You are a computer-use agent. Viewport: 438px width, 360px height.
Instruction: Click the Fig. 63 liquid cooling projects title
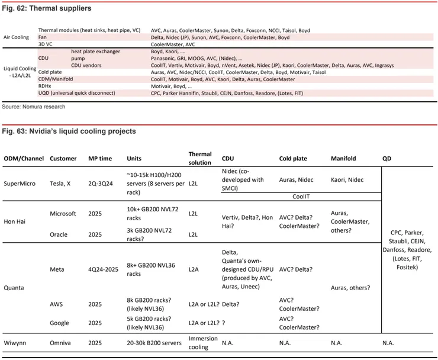(69, 131)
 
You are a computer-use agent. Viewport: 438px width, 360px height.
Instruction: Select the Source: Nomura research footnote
(33, 107)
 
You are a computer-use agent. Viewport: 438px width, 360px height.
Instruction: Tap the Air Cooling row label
(17, 37)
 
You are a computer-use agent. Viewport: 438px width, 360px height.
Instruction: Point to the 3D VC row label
(47, 44)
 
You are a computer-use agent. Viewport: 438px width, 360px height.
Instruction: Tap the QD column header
(387, 159)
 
